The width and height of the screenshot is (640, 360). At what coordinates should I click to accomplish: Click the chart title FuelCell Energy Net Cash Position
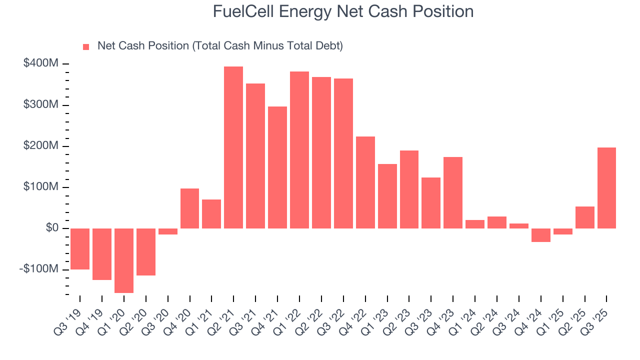tap(343, 11)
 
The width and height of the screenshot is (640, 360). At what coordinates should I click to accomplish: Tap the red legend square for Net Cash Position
tap(86, 46)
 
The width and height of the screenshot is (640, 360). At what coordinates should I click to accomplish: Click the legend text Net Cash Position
tap(220, 46)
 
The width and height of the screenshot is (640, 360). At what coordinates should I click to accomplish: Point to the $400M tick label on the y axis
tap(40, 63)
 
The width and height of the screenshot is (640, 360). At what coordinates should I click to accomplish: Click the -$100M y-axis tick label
tap(39, 269)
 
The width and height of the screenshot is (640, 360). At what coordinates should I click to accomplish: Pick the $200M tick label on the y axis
tap(40, 146)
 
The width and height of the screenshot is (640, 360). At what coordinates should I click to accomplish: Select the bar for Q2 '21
tap(233, 147)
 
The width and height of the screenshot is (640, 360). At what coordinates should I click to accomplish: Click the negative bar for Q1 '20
tap(124, 260)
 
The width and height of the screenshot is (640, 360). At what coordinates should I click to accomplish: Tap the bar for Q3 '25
tap(606, 188)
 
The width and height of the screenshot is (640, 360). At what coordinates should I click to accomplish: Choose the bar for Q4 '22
tap(365, 182)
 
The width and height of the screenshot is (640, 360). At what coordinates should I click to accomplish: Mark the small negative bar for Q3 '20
tap(168, 231)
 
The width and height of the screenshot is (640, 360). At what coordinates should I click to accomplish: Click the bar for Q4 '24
tap(540, 235)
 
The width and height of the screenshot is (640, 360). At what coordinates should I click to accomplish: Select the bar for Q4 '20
tap(189, 208)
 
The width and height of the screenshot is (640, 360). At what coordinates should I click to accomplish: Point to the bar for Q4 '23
tap(453, 192)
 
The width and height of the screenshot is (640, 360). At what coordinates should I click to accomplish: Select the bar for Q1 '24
tap(475, 224)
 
